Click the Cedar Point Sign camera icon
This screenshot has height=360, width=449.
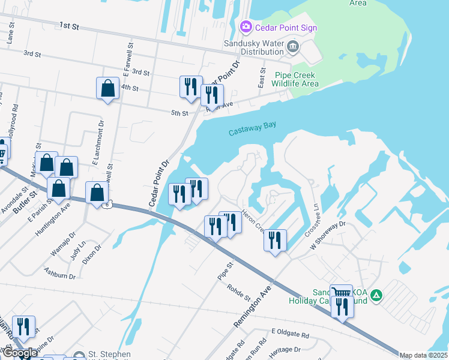[x=245, y=27]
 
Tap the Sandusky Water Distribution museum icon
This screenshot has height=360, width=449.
[x=292, y=46]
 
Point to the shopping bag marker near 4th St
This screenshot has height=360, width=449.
[x=107, y=89]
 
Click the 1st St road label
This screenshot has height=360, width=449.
[x=70, y=26]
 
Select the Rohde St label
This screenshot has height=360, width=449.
[x=238, y=292]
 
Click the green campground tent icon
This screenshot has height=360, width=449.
[x=376, y=295]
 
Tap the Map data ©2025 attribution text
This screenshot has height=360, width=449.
[x=423, y=355]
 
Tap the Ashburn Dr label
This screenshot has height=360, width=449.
[x=59, y=273]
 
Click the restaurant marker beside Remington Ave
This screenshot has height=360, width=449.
[x=275, y=241]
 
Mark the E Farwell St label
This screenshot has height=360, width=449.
[x=127, y=59]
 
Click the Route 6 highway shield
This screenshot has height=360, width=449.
[x=107, y=205]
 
